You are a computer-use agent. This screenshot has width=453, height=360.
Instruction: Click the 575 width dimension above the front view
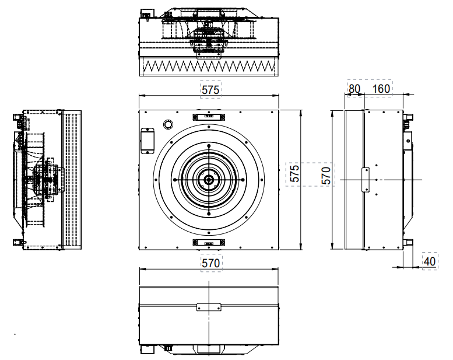pos(210,90)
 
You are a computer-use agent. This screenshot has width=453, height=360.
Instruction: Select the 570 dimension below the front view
pos(211,263)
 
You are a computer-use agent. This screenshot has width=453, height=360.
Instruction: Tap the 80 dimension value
pos(354,89)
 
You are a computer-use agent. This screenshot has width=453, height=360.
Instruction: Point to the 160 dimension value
pos(381,89)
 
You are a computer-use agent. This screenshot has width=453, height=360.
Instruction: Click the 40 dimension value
pos(430,261)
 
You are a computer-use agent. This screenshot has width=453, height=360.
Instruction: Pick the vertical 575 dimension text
pos(294,173)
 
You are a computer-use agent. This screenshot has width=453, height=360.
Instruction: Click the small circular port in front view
pos(168,124)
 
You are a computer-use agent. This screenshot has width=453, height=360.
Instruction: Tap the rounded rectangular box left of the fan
pos(148,141)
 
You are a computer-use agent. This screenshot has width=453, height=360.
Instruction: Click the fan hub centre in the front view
pos(209,180)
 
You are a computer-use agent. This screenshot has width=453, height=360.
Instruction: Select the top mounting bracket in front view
pos(209,117)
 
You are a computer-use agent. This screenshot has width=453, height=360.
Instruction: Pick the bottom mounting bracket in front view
pos(209,243)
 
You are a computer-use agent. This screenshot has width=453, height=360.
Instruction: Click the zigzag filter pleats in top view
pos(209,67)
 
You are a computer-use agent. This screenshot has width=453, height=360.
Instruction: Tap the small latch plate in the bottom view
pos(209,307)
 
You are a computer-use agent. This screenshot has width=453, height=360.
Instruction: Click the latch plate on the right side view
pos(365,180)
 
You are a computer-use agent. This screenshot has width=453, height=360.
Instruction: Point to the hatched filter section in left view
pos(72,180)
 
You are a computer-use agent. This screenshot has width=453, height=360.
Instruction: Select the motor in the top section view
pos(209,40)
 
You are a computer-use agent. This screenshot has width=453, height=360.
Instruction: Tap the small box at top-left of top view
pos(148,13)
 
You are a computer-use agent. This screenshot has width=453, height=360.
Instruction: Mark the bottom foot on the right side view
pos(408,242)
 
